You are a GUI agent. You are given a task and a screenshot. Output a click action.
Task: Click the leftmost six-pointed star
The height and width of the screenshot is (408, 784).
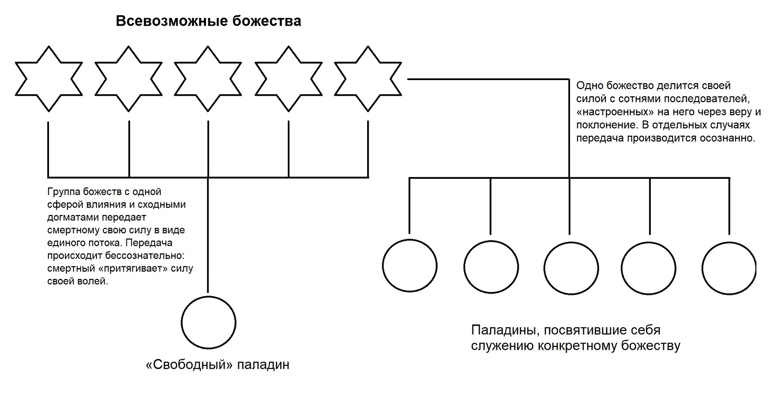pos(49,79)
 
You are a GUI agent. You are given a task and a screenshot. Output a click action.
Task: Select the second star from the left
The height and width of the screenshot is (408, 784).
pos(128,79)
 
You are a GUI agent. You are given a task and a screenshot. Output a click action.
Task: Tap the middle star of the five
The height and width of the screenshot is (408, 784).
pos(208,79)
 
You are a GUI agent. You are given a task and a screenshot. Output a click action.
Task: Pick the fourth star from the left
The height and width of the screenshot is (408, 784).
pos(288,79)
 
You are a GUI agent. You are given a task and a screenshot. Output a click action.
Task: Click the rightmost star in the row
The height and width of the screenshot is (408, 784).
pos(368,79)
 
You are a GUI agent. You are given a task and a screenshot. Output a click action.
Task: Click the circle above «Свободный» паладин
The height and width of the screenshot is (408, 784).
pos(208,322)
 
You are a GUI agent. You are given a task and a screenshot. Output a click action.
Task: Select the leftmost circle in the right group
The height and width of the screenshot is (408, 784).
pos(410,265)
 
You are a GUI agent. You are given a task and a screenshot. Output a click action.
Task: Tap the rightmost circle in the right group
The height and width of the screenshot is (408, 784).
pos(729,268)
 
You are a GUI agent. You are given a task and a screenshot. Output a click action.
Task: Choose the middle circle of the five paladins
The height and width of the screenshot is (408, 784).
pos(571,268)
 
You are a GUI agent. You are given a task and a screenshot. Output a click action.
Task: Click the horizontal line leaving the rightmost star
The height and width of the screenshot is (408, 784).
pos(486,79)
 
